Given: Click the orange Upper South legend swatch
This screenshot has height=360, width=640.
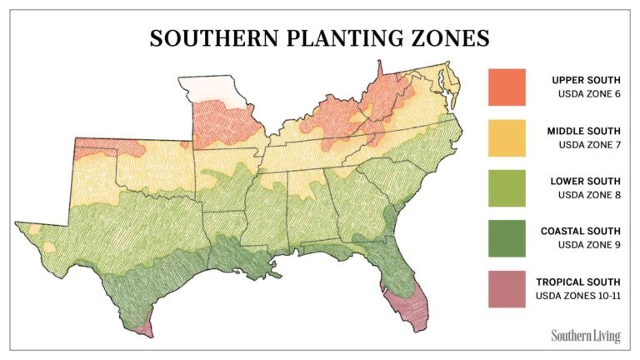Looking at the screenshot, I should [x=507, y=87].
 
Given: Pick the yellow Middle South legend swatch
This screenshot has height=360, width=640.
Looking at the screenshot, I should [x=507, y=137].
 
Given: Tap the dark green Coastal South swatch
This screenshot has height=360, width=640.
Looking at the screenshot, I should [x=507, y=238].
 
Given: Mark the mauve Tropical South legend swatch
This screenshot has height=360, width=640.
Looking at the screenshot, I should [x=507, y=289].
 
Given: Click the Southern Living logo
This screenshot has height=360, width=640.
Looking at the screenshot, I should [x=585, y=336].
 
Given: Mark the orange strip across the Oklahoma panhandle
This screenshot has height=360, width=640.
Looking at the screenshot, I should [x=108, y=148].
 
